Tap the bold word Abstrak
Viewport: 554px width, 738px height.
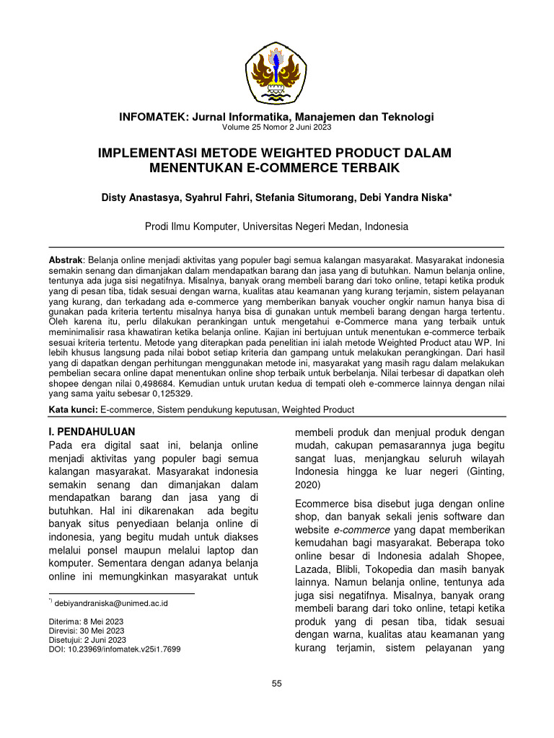click(65, 258)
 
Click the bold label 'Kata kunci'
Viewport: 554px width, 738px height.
click(72, 410)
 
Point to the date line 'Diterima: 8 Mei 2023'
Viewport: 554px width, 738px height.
click(86, 621)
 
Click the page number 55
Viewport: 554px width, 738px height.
click(276, 683)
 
